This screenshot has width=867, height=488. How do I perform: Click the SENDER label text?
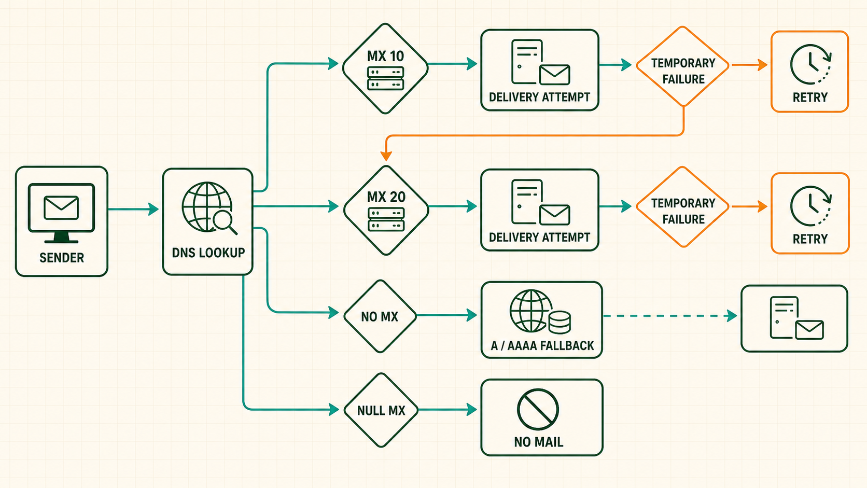(62, 258)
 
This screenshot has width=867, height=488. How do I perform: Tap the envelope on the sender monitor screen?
(61, 208)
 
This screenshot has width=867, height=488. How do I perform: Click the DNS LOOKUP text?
(208, 253)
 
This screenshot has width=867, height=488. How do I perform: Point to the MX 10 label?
(385, 57)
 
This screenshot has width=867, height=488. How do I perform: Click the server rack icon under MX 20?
(386, 219)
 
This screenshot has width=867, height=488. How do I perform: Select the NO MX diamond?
(380, 316)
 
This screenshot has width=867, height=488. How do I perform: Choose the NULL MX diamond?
(381, 410)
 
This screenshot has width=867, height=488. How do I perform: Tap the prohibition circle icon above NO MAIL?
(538, 409)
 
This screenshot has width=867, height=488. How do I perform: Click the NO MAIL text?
(538, 442)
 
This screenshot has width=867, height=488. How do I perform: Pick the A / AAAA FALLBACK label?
(542, 345)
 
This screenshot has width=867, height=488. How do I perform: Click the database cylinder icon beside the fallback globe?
(560, 322)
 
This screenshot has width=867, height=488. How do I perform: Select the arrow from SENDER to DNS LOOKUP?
(133, 209)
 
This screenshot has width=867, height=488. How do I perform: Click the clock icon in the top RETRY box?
(811, 64)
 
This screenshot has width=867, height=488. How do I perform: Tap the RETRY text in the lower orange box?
(810, 239)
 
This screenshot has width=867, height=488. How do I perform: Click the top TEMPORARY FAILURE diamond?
(683, 66)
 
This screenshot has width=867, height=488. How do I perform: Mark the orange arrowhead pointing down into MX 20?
(386, 155)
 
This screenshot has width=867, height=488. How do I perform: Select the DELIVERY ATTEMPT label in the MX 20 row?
(540, 237)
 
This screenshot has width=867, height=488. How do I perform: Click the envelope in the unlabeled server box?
(809, 330)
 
